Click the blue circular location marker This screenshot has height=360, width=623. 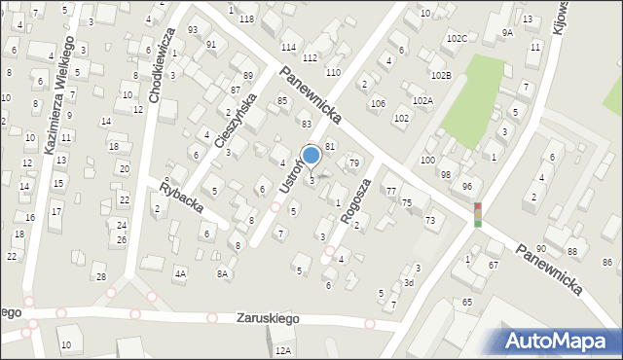coord(311,155)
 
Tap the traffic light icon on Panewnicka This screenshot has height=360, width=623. coord(477,214)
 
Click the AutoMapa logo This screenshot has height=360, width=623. coord(559,340)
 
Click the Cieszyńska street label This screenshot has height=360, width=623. coord(238,124)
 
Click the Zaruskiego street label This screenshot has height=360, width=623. coord(268,318)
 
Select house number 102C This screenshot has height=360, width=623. coord(457,38)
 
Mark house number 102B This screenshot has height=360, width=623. coord(441,75)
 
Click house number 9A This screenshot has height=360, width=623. coord(507,33)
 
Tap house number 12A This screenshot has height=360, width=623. coord(283,350)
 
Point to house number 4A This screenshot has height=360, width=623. coord(180,274)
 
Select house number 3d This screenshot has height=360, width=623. coord(409,283)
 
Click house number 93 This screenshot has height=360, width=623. coord(193,29)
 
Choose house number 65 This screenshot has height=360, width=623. coord(467,303)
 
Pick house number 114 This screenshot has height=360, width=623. coord(288,47)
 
